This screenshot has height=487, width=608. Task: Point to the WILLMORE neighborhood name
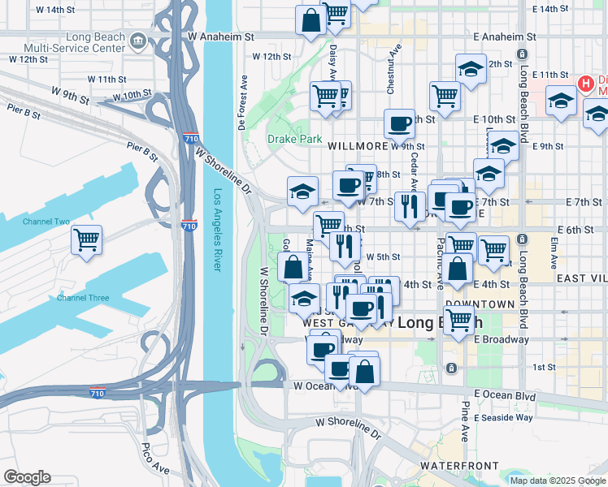coord(358,147)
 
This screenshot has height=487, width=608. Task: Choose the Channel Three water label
coord(83,298)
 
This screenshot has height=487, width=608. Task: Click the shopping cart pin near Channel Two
coord(86,239)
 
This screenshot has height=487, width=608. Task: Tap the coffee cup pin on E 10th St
coord(399,123)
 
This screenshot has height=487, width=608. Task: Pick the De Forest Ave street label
coord(242,103)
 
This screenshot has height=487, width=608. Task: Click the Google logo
coord(27,477)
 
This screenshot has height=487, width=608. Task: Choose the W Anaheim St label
coord(220,37)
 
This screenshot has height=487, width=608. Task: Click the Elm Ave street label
coord(554,253)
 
